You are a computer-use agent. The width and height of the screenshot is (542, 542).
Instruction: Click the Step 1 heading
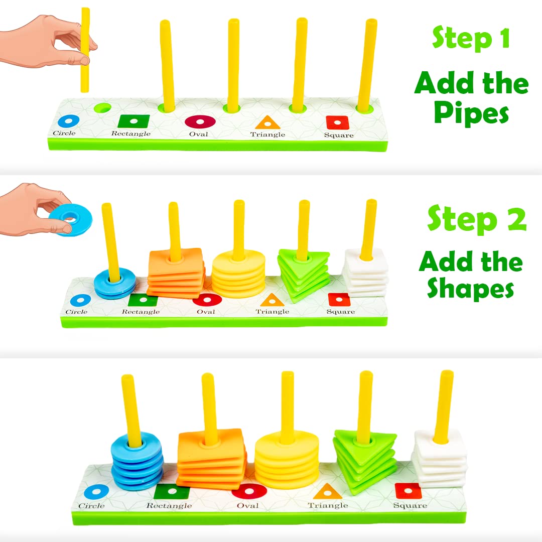(471, 38)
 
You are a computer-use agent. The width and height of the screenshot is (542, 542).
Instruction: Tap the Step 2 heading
(477, 218)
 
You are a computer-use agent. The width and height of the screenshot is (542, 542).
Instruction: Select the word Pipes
(471, 112)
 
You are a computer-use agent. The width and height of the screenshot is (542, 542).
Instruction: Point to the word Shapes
(470, 288)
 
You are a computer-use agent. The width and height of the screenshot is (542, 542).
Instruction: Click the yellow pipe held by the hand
(85, 50)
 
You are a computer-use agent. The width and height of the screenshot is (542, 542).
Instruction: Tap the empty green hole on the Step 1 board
(103, 108)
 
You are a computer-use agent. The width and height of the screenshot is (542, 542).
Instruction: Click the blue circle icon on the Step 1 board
(68, 121)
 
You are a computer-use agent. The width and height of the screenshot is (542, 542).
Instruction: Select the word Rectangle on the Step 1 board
(130, 133)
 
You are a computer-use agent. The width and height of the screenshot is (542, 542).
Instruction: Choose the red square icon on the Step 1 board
(337, 122)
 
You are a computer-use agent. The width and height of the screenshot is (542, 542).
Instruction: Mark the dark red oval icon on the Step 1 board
(200, 121)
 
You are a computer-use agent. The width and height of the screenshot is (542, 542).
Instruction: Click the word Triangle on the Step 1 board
(267, 134)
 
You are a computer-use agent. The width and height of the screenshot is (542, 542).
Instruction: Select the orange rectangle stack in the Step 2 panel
(176, 273)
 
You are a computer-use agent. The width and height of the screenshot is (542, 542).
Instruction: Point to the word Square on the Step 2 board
(340, 312)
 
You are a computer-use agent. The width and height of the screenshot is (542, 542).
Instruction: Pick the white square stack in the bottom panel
(439, 458)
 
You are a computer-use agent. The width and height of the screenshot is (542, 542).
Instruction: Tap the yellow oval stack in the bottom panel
(287, 459)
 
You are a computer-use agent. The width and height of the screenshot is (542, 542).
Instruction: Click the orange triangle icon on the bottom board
(327, 491)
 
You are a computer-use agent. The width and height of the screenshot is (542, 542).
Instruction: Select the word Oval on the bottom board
(247, 505)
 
